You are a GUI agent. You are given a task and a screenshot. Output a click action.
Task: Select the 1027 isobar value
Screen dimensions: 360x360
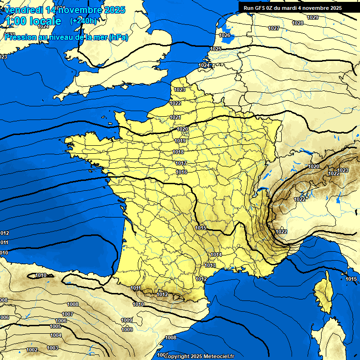click(274, 28)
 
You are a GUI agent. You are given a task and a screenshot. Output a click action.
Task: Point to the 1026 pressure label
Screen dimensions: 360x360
click(225, 35)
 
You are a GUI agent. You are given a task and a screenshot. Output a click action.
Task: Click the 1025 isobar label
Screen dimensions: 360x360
click(216, 49)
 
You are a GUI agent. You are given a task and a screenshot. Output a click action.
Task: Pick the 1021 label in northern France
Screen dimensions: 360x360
click(175, 117)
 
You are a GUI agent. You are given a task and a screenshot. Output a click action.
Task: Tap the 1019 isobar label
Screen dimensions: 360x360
click(180, 141)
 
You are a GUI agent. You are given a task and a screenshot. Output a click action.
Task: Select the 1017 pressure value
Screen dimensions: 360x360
click(181, 163)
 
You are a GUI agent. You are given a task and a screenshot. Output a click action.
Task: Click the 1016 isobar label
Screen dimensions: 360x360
click(181, 172)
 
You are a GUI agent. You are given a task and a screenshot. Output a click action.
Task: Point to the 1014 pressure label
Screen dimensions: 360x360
click(216, 255)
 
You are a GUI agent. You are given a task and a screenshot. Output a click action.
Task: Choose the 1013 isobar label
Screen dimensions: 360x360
click(210, 265)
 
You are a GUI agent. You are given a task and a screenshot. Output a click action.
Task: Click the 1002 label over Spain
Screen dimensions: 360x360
click(32, 350)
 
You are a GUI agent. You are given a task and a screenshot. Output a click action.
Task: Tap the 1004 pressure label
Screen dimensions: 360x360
click(56, 335)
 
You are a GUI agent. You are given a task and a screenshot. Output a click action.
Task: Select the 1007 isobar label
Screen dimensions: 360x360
click(67, 314)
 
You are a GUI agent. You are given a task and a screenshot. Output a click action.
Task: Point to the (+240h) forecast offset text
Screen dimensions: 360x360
click(83, 21)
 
